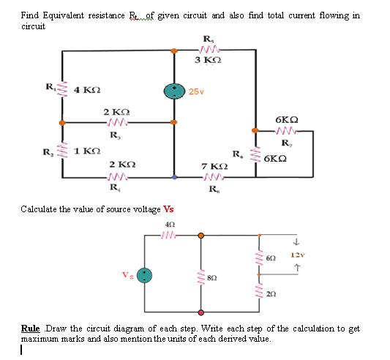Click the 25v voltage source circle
pyautogui.click(x=174, y=90)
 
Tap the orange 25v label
pyautogui.click(x=196, y=91)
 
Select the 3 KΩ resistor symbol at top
pyautogui.click(x=208, y=50)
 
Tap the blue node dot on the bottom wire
pyautogui.click(x=174, y=177)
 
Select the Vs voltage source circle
pyautogui.click(x=146, y=275)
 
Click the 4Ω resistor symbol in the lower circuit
pyautogui.click(x=170, y=236)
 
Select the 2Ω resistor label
pyautogui.click(x=272, y=293)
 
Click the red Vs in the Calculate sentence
pyautogui.click(x=168, y=209)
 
